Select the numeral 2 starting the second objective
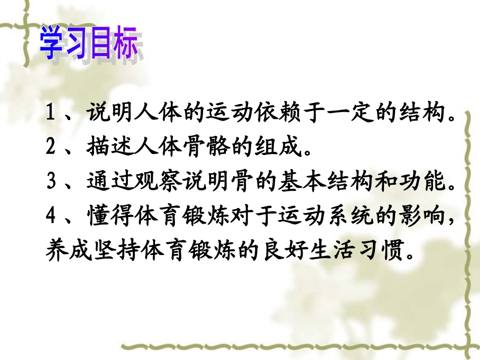pyautogui.click(x=50, y=147)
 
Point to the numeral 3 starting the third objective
pyautogui.click(x=50, y=181)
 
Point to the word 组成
pyautogui.click(x=273, y=147)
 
